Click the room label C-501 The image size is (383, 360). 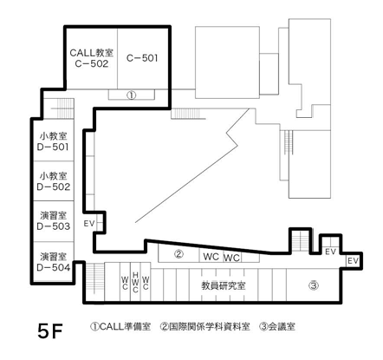click(142, 58)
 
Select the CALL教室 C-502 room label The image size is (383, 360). click(92, 58)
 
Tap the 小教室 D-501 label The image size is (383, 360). click(53, 141)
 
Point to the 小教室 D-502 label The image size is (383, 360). click(54, 181)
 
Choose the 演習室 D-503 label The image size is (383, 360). click(54, 221)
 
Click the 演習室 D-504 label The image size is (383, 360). click(54, 262)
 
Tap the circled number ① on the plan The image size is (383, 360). click(132, 95)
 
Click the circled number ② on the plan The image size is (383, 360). click(179, 254)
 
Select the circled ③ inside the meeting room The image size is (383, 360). click(314, 286)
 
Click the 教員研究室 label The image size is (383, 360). click(224, 286)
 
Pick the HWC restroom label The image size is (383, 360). click(135, 282)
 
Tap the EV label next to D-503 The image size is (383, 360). click(89, 224)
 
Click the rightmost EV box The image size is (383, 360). click(353, 261)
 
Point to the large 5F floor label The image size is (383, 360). click(50, 331)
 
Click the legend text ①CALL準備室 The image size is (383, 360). click(120, 327)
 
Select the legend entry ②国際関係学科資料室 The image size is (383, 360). click(204, 327)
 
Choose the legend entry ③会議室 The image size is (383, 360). click(277, 327)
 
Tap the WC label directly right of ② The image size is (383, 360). click(211, 257)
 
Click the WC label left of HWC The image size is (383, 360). click(125, 283)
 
